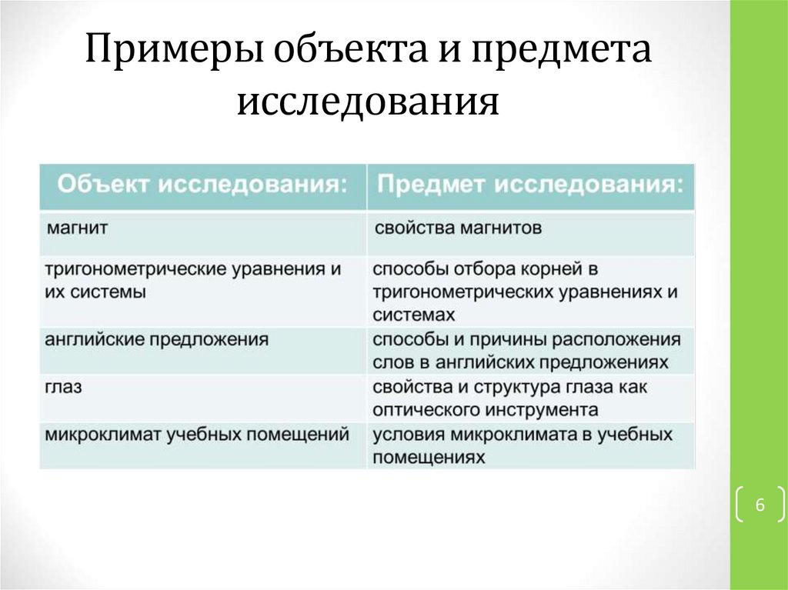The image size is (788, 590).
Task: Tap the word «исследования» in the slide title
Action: (x=368, y=102)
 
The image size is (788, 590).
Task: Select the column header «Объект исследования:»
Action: (x=202, y=185)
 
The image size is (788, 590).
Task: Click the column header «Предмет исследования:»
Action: (x=530, y=185)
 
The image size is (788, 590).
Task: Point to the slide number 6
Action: (x=760, y=504)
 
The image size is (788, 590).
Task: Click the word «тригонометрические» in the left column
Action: (x=135, y=270)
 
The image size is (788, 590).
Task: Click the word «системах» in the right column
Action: (x=413, y=315)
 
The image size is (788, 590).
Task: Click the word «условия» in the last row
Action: (x=409, y=435)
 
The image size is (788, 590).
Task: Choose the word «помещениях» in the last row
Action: (x=429, y=458)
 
